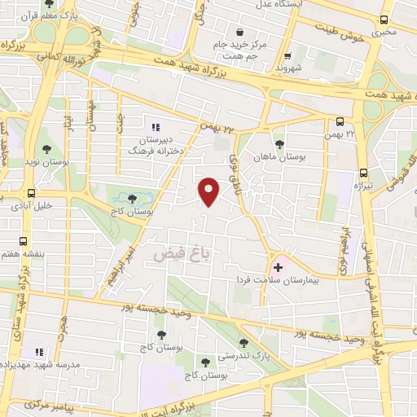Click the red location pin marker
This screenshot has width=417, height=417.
pyautogui.click(x=210, y=191)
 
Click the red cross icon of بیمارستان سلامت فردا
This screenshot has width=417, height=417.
pyautogui.click(x=279, y=266)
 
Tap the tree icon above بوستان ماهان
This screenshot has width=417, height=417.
pyautogui.click(x=279, y=144)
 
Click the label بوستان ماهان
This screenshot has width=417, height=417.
pyautogui.click(x=279, y=156)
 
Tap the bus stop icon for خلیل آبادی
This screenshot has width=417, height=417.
pyautogui.click(x=31, y=193)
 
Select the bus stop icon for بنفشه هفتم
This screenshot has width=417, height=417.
pyautogui.click(x=23, y=242)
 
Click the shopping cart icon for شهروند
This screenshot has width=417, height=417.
pyautogui.click(x=286, y=56)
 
